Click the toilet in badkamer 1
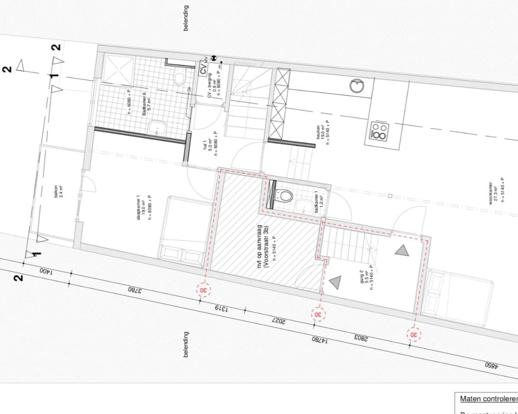point(285,196)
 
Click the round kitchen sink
point(357,86)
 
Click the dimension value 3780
point(136,291)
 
